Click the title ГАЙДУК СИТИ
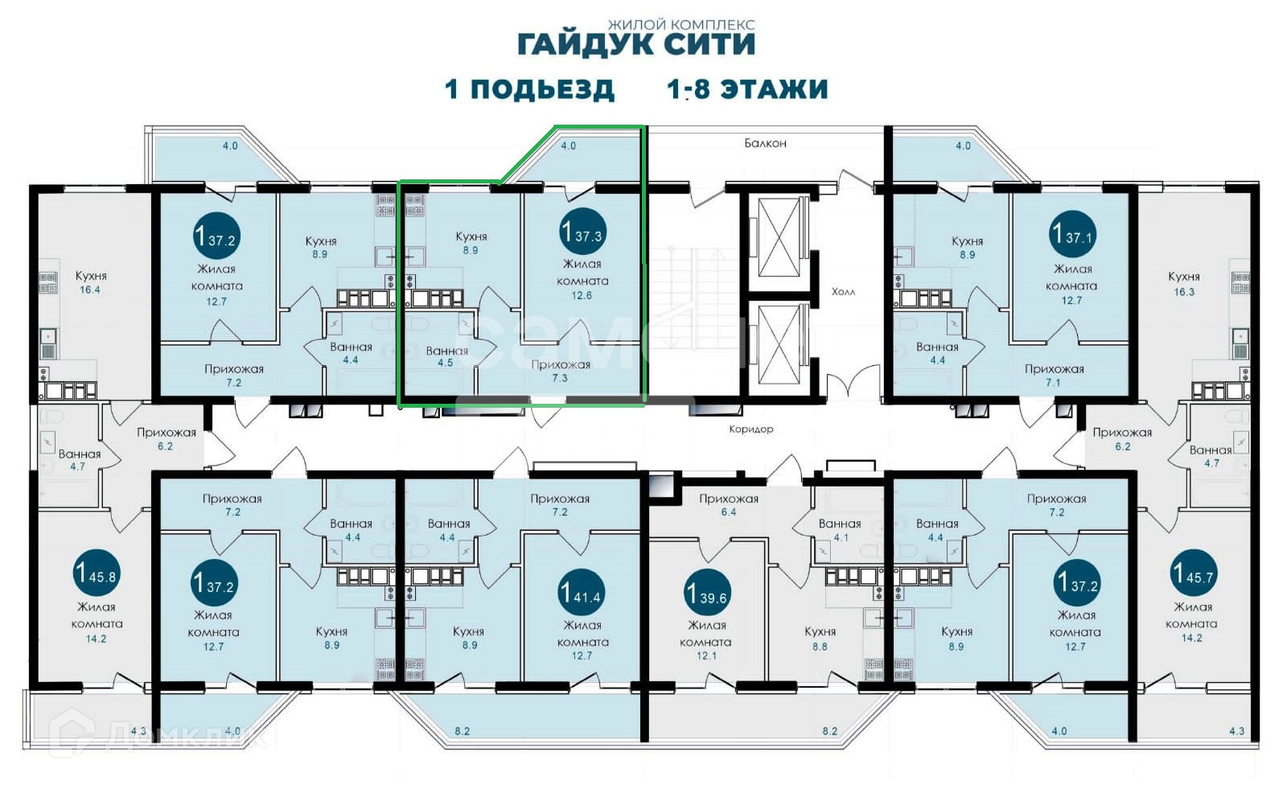coord(636,45)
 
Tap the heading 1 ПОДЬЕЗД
coord(530,89)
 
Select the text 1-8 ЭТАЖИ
coord(747,89)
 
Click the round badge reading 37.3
coord(582,232)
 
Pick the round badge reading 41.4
coord(581,593)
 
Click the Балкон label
coord(765,143)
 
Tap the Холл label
coord(843,292)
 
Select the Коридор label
coord(751,429)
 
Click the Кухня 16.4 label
coord(91,283)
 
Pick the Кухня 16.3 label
coord(1183,284)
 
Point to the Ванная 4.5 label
coord(446,356)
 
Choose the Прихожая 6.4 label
coord(729,505)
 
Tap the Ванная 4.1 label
coord(840,530)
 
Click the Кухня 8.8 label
coord(820,639)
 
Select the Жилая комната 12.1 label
coord(706,640)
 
